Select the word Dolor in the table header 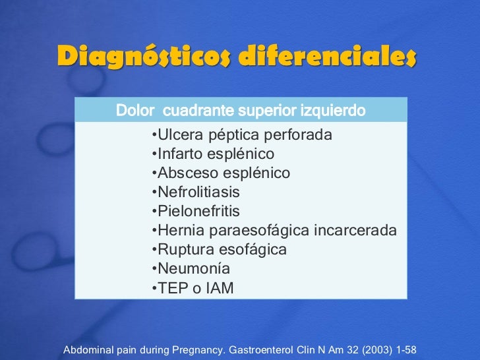tap(136, 110)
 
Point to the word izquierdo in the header tap(333, 110)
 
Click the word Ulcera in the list tap(178, 136)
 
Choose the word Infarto tap(181, 155)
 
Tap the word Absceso tap(185, 173)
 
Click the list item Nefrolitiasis tap(198, 193)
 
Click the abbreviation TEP tap(173, 288)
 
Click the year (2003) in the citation tap(374, 349)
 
